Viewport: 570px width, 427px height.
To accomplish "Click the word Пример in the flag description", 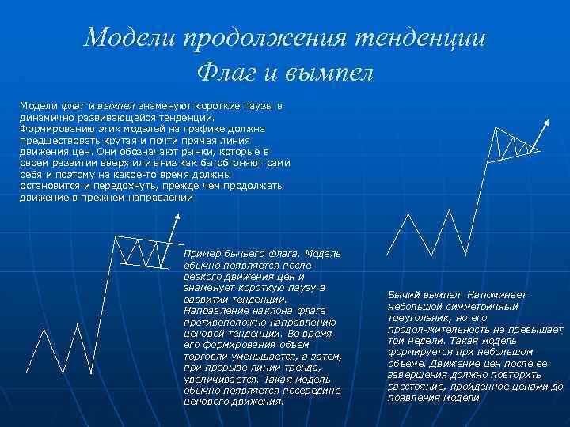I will (201, 254).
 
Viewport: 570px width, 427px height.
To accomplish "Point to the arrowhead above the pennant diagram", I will (546, 123).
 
